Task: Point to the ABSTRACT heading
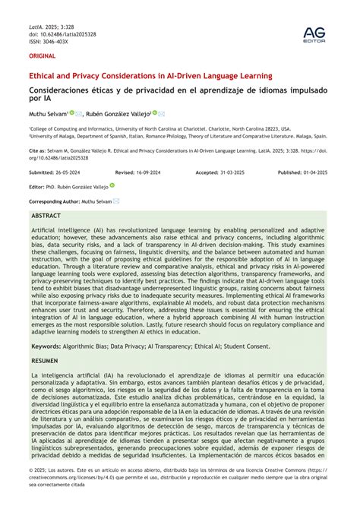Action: click(46, 216)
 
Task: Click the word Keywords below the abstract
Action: click(46, 346)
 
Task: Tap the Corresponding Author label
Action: click(54, 201)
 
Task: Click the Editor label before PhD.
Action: click(36, 186)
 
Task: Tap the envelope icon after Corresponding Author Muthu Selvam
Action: click(115, 201)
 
